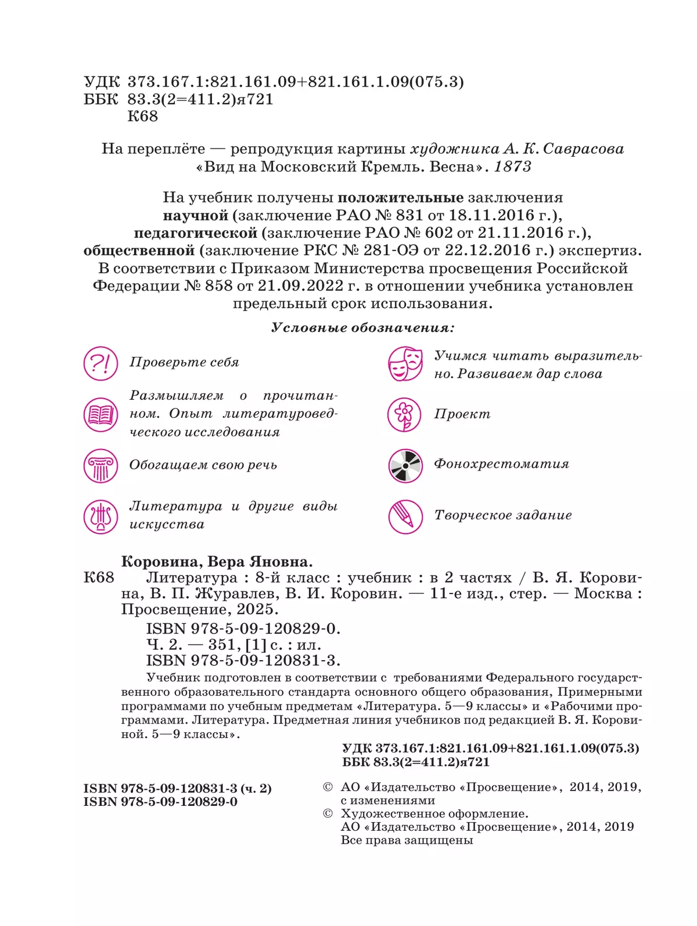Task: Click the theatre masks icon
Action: coord(405,364)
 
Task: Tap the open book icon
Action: coord(100,414)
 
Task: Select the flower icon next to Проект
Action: coord(404,414)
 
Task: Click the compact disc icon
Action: coord(405,465)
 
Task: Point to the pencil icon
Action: coord(405,516)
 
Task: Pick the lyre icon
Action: coord(100,516)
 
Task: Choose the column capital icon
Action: coord(100,465)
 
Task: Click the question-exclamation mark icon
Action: coord(100,364)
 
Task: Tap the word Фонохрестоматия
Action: coord(501,464)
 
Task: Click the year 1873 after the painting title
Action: coord(512,167)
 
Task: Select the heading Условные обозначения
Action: coord(363,328)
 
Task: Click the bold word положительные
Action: coord(400,198)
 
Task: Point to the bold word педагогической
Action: coord(195,233)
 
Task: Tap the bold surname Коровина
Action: coord(161,562)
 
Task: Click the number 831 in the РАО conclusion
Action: coord(409,215)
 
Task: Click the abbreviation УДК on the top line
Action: coord(102,82)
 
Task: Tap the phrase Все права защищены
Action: coord(407,840)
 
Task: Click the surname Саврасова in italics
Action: coord(583,149)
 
